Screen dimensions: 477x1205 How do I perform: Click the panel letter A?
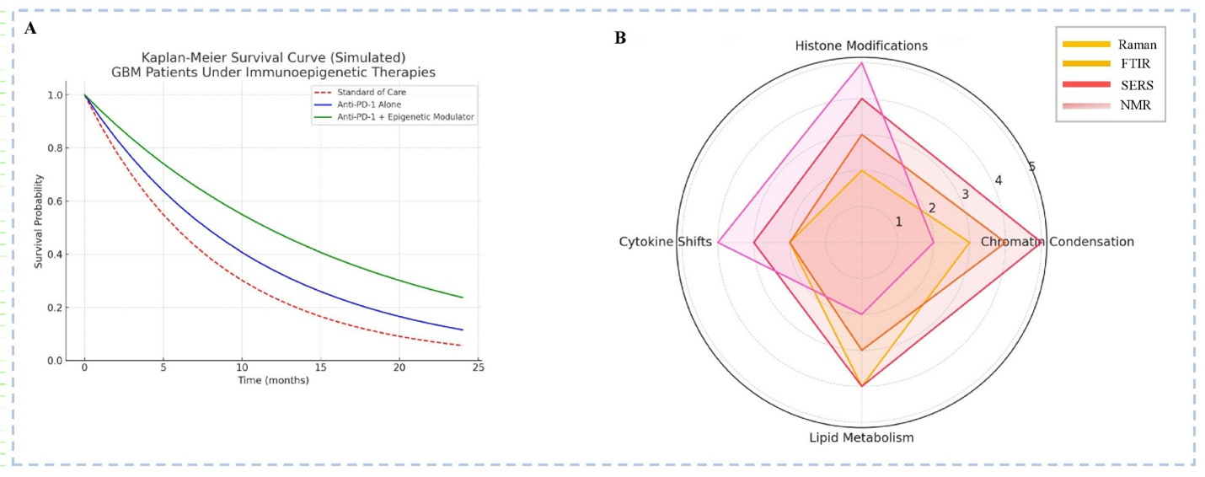click(30, 29)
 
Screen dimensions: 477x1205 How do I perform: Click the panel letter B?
click(620, 38)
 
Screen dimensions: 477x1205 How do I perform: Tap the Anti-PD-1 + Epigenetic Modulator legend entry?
click(394, 118)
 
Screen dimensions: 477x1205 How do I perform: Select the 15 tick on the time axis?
click(320, 368)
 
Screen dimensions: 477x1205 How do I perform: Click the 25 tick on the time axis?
click(478, 368)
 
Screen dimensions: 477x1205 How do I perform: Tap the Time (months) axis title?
click(274, 381)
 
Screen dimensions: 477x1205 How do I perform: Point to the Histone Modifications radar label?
click(861, 46)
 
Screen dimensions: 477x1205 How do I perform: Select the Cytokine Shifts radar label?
click(665, 243)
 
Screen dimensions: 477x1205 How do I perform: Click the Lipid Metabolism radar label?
click(861, 438)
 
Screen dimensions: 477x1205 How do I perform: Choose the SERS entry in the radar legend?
click(1135, 85)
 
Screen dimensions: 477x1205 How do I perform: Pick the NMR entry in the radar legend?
click(1134, 105)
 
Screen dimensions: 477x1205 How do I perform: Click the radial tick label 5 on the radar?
click(1031, 167)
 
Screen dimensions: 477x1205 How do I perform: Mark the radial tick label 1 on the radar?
click(898, 222)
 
